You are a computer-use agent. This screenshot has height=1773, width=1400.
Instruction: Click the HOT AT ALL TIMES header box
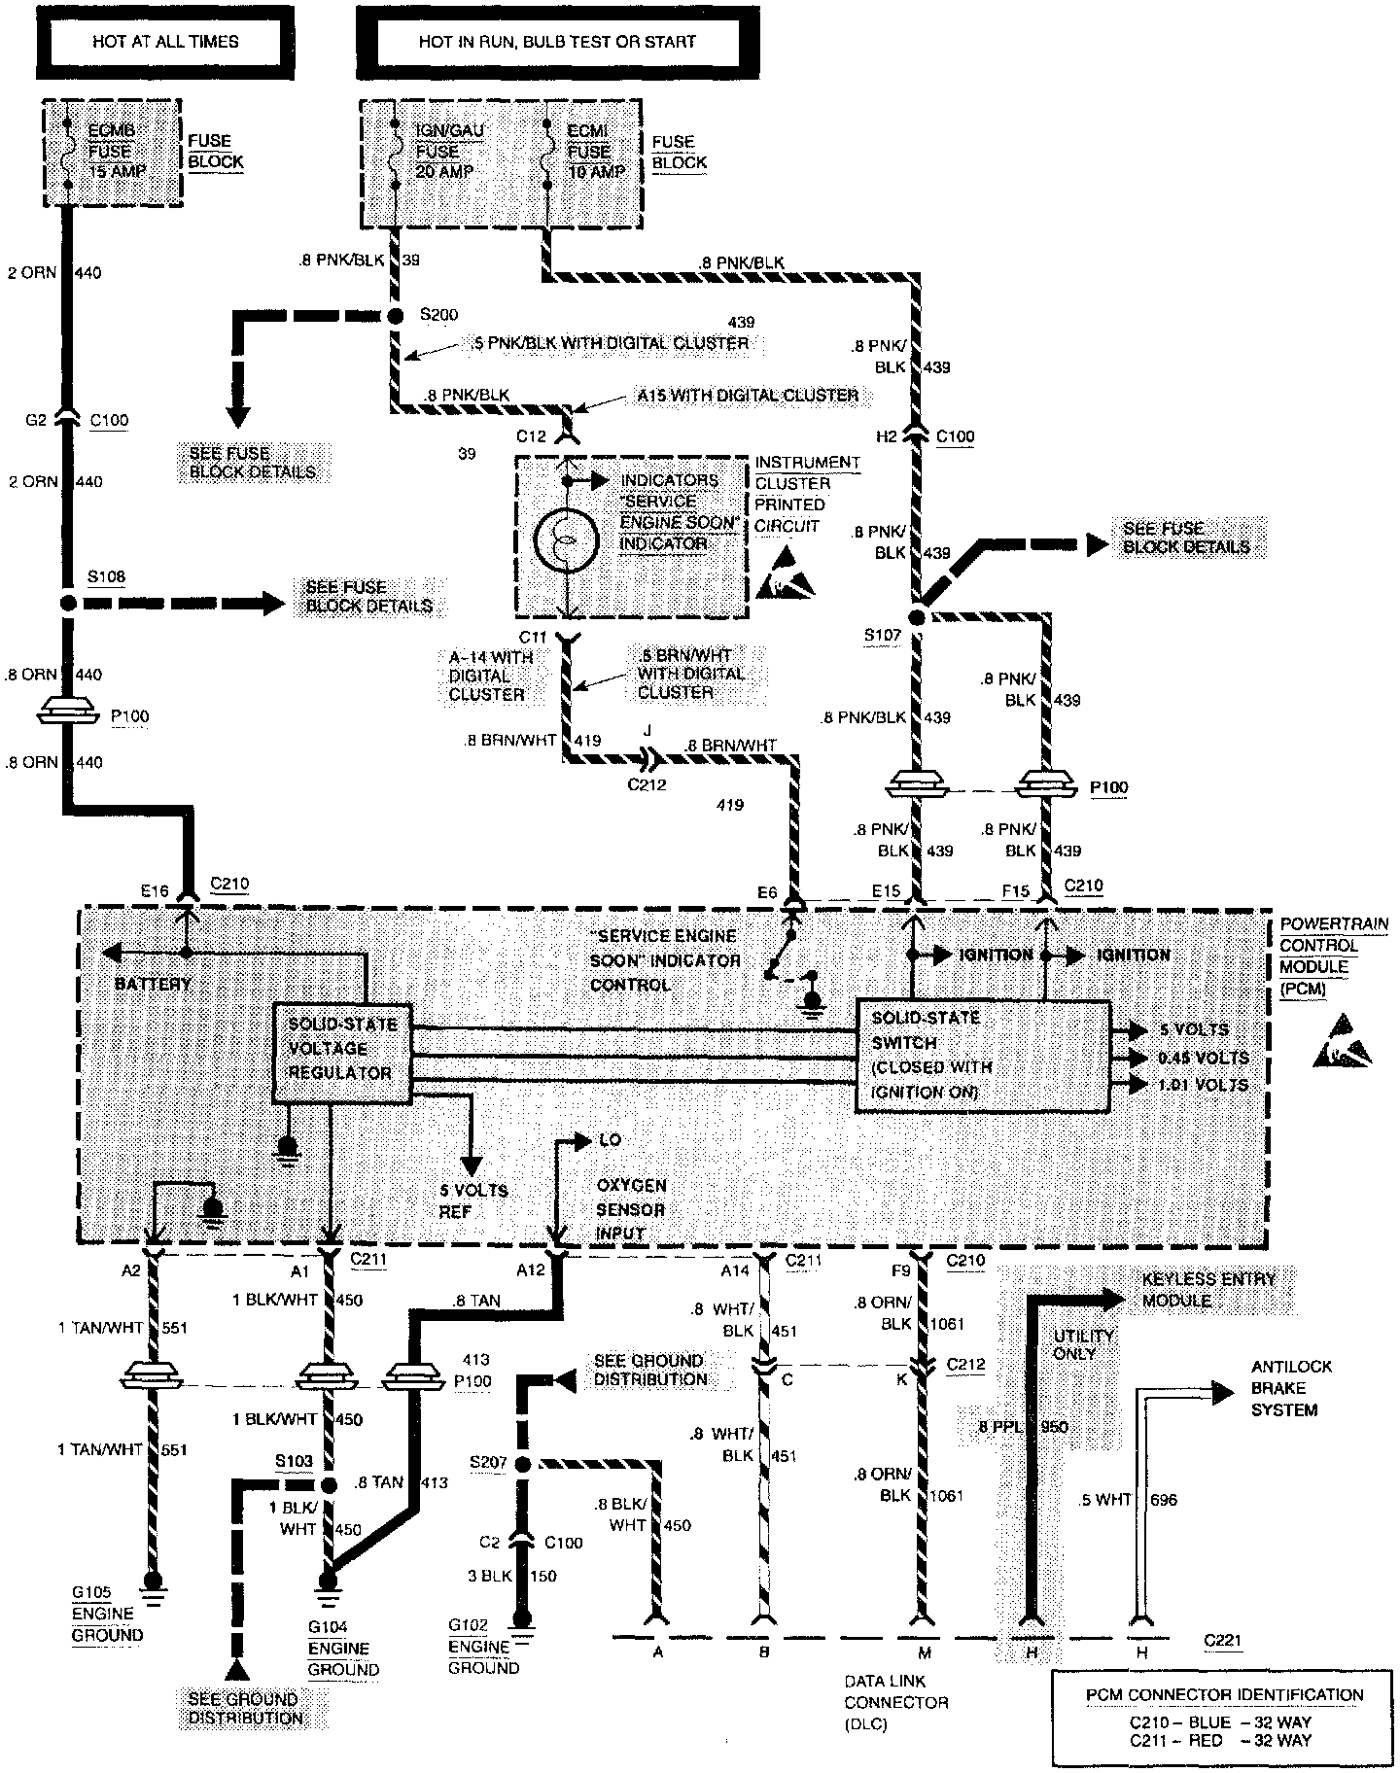165,42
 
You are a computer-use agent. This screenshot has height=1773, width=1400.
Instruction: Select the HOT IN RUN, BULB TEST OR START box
557,42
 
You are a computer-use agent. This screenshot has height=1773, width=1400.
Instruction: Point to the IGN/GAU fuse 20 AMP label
437,152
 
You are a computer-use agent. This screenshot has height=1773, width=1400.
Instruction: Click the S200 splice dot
396,317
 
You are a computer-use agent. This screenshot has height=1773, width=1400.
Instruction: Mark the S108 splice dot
67,603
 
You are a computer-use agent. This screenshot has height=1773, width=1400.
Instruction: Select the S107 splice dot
916,617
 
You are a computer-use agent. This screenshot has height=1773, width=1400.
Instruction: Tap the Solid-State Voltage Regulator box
341,1052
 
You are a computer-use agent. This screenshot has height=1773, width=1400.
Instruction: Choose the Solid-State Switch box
982,1056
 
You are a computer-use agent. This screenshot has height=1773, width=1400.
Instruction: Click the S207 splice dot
523,1465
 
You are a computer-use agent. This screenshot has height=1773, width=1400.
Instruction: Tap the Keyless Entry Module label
1207,1290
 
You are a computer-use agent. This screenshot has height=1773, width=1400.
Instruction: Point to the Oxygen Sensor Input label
632,1210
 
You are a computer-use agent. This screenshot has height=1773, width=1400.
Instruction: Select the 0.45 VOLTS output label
1204,1058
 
